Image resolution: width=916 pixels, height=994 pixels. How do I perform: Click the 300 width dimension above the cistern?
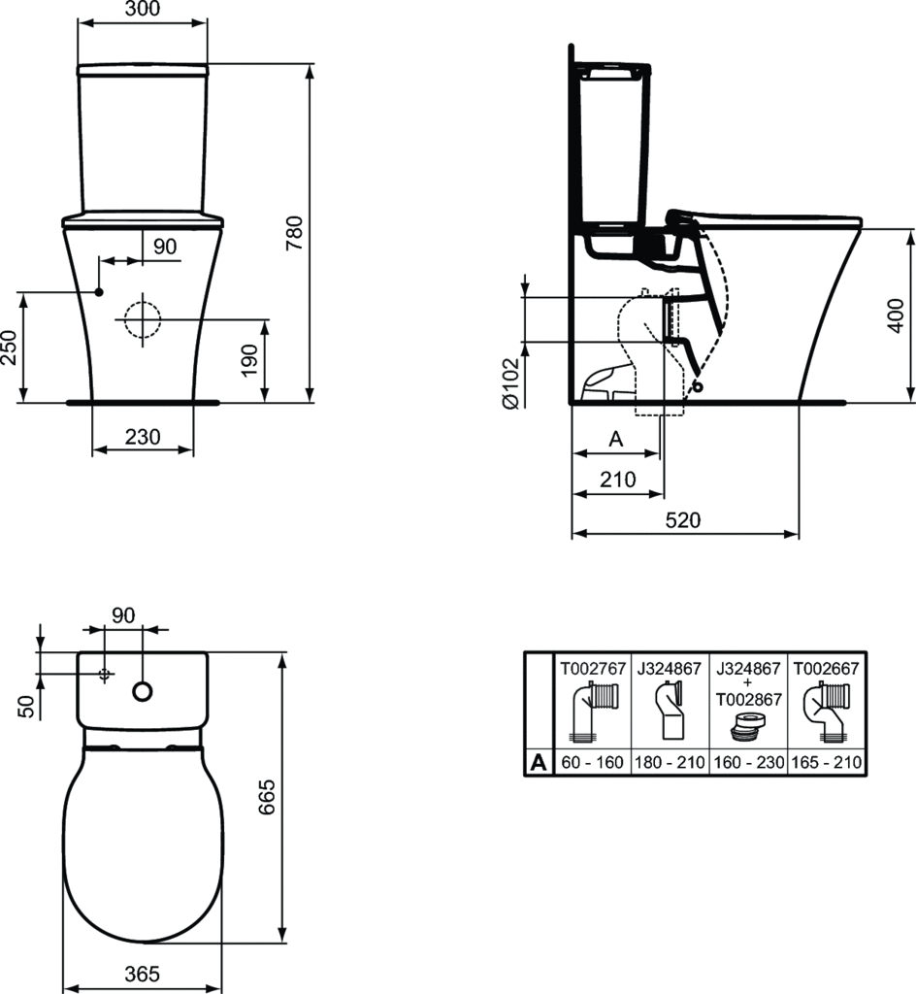pyautogui.click(x=142, y=10)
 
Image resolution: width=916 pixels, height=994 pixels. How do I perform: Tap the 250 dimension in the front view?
pyautogui.click(x=9, y=347)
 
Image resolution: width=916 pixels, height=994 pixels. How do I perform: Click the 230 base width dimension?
pyautogui.click(x=142, y=437)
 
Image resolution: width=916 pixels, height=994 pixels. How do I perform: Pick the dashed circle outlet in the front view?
pyautogui.click(x=142, y=317)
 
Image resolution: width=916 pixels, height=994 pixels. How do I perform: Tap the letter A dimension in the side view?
pyautogui.click(x=614, y=439)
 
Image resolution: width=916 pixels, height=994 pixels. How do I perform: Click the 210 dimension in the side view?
pyautogui.click(x=617, y=479)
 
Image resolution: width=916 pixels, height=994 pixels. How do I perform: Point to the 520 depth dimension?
pyautogui.click(x=683, y=519)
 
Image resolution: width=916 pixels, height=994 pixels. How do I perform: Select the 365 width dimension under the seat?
pyautogui.click(x=142, y=974)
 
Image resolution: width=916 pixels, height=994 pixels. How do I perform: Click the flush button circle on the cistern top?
pyautogui.click(x=142, y=691)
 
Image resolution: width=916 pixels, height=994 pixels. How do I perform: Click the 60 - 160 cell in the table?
pyautogui.click(x=592, y=763)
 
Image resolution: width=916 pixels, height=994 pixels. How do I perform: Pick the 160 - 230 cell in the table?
pyautogui.click(x=748, y=763)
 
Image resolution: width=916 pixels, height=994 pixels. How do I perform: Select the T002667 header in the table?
pyautogui.click(x=827, y=669)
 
